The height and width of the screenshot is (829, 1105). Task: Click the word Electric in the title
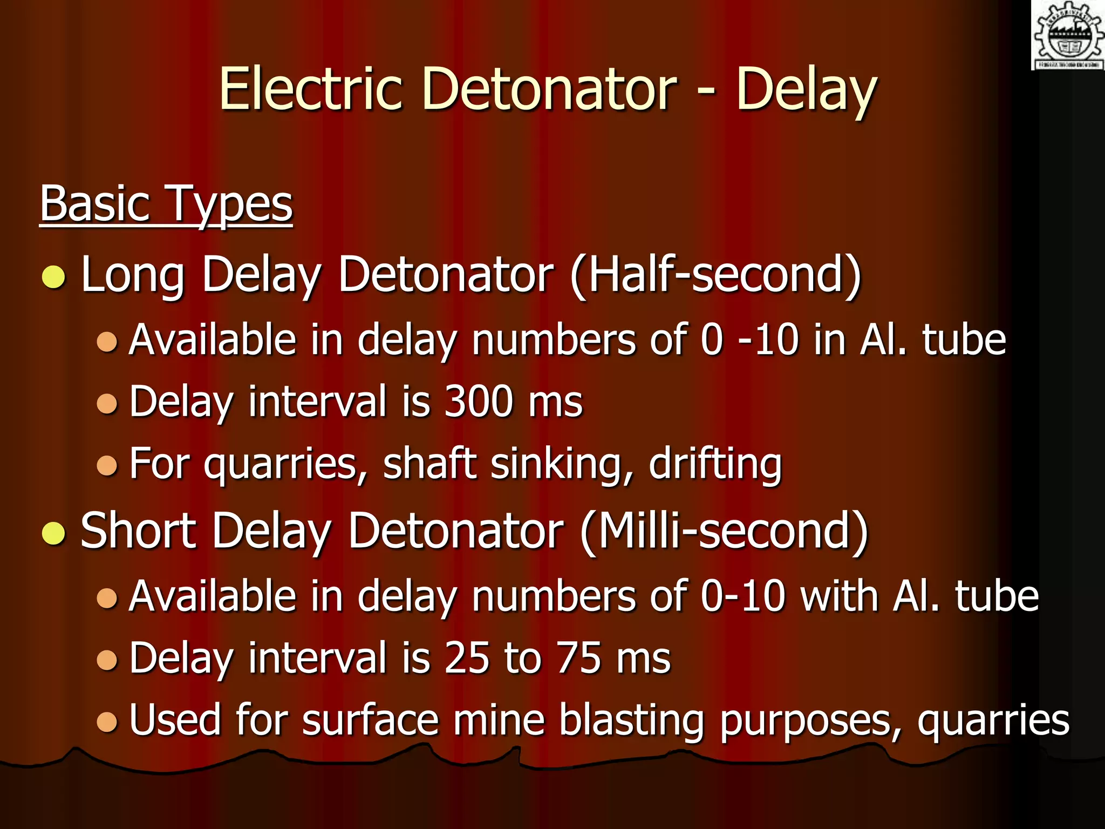[311, 89]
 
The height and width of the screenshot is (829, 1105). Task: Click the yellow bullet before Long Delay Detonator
[53, 277]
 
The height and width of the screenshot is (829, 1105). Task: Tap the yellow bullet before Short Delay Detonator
[53, 534]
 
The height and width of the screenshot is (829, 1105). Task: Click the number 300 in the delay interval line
[478, 402]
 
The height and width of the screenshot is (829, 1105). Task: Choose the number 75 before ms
[579, 658]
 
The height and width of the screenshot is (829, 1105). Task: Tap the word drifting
[715, 464]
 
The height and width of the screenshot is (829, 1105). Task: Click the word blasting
[631, 720]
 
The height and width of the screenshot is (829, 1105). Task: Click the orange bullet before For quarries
[107, 465]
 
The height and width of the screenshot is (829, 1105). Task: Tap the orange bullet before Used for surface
[107, 722]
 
